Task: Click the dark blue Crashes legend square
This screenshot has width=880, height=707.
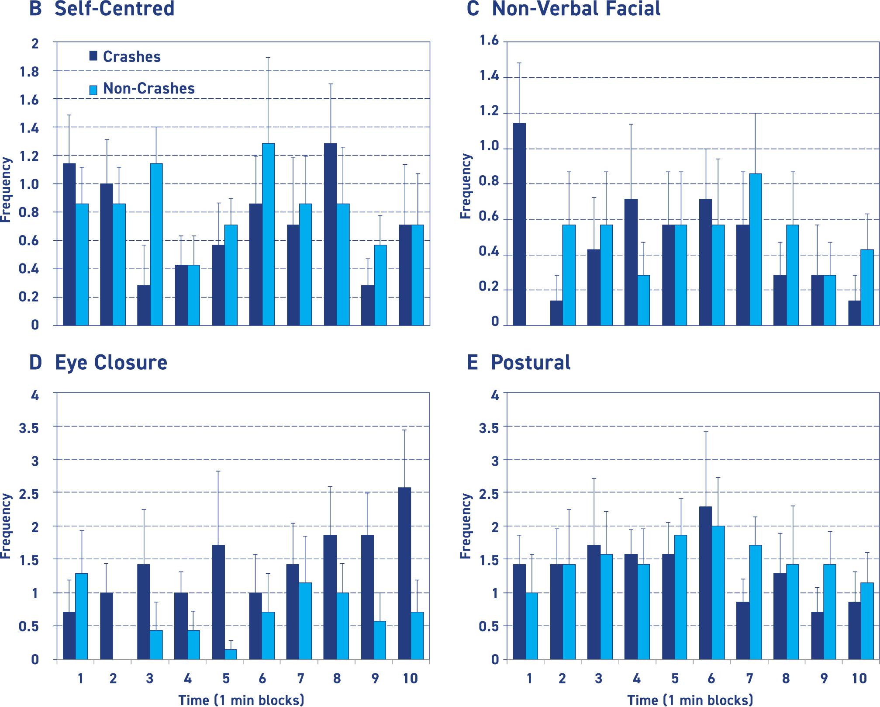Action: [93, 55]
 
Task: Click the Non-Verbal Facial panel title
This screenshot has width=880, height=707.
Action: [576, 9]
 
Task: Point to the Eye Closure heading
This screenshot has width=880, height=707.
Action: [110, 363]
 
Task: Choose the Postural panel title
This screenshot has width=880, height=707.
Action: [530, 363]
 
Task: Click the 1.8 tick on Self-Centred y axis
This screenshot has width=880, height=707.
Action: [29, 72]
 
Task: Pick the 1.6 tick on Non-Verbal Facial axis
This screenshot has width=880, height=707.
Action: [489, 41]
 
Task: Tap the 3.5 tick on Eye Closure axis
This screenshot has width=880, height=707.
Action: [29, 428]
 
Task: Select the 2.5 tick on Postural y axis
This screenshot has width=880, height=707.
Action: [489, 494]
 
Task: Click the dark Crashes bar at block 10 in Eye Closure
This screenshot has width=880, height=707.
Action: [405, 573]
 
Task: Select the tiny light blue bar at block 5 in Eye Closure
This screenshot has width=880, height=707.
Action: [231, 654]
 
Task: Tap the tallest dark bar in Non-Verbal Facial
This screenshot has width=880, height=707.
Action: [519, 224]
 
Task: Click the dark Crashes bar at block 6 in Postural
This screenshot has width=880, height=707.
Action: [705, 583]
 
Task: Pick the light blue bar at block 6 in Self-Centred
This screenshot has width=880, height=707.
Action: [268, 234]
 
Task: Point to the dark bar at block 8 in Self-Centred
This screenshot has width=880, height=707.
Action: [330, 234]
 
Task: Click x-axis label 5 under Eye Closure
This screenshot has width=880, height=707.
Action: [225, 679]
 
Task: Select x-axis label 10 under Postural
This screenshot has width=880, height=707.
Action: [859, 679]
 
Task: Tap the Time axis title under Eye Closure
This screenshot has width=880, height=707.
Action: [241, 700]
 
